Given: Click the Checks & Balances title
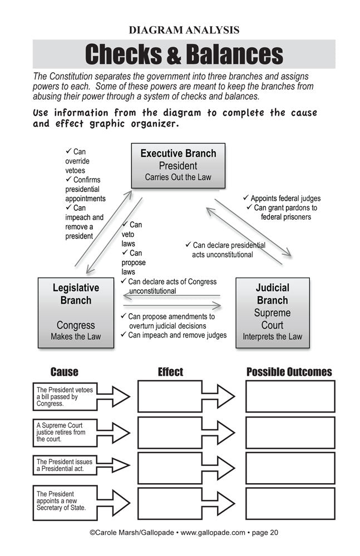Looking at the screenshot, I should coord(184,54).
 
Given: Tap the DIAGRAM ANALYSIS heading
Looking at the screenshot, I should coord(184,30).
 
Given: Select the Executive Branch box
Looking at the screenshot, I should coord(178,165).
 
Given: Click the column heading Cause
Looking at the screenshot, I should coord(65,372).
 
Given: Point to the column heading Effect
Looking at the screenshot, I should coord(170,372).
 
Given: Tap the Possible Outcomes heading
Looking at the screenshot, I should coord(289,372).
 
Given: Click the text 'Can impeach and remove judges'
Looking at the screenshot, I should coord(174,335).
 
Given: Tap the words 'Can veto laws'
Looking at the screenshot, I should coord(131,234).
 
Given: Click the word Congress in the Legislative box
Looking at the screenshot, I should coord(76,325).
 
